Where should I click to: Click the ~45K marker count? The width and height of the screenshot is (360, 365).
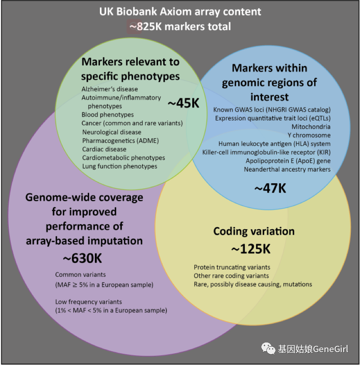click(184, 102)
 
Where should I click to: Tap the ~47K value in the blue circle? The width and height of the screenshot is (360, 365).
click(270, 188)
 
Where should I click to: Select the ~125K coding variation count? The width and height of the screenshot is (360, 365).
click(251, 249)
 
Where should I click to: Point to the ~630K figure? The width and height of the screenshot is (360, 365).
click(82, 258)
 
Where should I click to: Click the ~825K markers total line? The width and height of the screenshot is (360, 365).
click(180, 26)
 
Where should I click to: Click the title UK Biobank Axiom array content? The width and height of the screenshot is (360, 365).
click(180, 11)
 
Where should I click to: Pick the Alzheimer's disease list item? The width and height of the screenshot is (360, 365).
click(109, 89)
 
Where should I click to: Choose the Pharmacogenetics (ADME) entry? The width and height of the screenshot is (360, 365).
click(121, 140)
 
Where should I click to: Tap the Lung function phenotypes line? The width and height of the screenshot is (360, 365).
click(120, 166)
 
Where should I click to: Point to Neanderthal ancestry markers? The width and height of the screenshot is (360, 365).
click(287, 169)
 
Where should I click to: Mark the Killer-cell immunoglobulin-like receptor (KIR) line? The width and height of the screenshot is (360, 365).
click(266, 152)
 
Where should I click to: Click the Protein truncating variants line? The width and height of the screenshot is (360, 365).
click(232, 267)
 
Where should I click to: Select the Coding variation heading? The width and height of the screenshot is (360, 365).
click(254, 231)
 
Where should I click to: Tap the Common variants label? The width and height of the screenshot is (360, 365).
click(80, 275)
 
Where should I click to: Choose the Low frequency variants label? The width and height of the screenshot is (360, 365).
click(89, 301)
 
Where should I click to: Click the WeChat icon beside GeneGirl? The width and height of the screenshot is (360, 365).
click(268, 348)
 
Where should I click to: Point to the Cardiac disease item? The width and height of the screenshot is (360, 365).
click(104, 149)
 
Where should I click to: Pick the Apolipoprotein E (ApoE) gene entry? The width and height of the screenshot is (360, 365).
click(288, 161)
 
